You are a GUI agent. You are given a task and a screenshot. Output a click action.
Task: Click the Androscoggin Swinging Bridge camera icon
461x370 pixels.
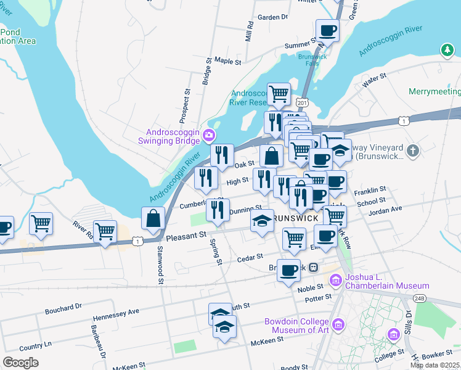pos(210,134)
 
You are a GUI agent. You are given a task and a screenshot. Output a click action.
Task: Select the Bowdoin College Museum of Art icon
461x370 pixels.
pos(337,324)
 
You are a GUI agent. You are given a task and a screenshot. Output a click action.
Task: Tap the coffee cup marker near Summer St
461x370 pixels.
pos(327,30)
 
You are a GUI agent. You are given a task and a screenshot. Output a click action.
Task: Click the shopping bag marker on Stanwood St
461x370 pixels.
pos(153,218)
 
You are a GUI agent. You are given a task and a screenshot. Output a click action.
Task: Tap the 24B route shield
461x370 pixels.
pos(419,298)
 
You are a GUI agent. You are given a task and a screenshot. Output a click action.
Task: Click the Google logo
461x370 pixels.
pos(20,363)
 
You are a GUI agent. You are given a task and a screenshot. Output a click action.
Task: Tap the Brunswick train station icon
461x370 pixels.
pos(313,268)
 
